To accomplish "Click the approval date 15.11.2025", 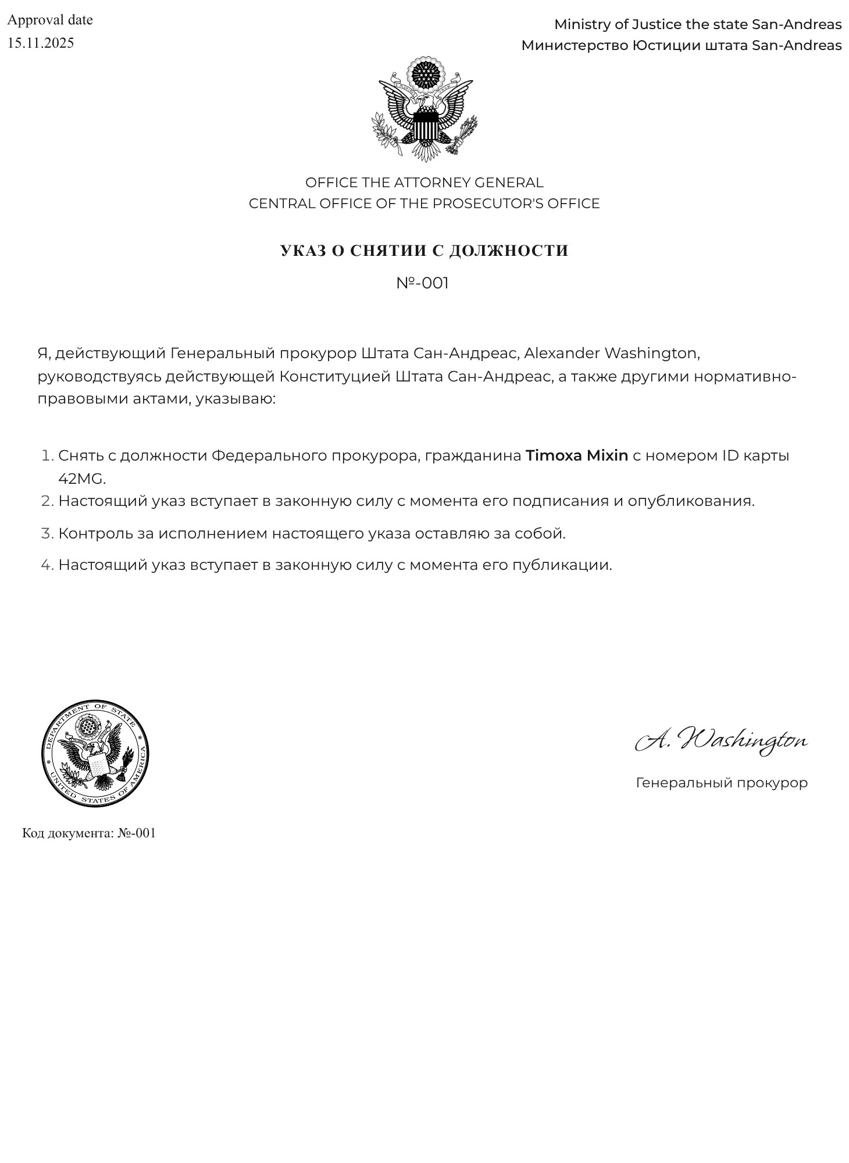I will point(41,43).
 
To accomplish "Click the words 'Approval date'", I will point(50,20).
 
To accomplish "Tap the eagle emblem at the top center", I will point(424,109).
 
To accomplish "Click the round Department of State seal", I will point(95,753).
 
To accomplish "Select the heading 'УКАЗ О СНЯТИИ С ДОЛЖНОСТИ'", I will point(424,251).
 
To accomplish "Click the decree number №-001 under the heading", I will point(423,283).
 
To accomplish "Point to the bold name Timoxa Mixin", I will point(577,455).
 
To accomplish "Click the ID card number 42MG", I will point(81,479).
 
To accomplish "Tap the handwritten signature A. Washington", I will point(721,740).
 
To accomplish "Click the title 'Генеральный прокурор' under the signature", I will point(722,783).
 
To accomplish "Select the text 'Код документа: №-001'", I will point(89,833).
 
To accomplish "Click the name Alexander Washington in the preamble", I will point(611,353).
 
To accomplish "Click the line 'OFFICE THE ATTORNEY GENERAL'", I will point(424,183).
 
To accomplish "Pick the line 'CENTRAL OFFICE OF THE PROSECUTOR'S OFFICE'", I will point(424,204).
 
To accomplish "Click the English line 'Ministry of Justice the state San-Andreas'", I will point(697,24).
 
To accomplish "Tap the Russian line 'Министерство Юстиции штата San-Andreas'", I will point(681,45).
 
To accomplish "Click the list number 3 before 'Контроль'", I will point(47,533).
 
